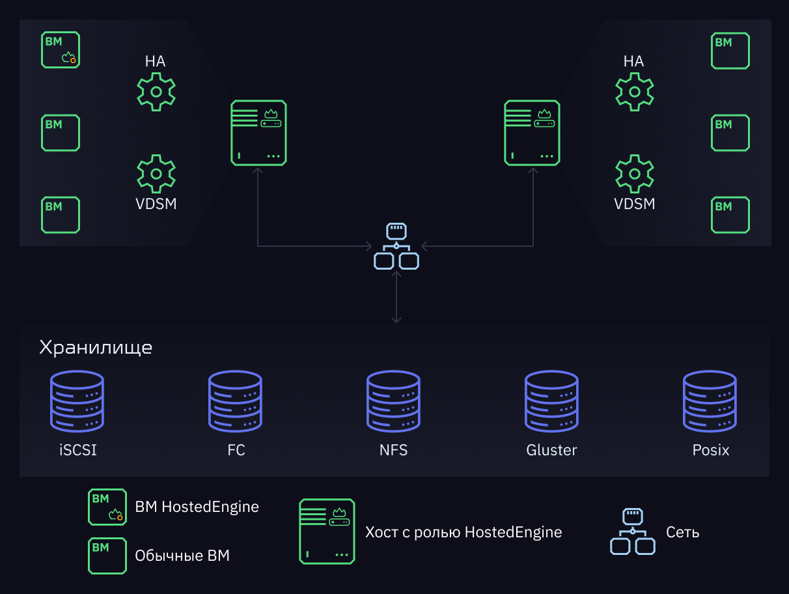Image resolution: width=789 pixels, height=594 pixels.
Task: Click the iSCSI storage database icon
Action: click(77, 401)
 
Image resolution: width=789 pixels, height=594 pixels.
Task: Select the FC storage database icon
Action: click(235, 401)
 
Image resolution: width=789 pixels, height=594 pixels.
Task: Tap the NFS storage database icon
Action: click(393, 401)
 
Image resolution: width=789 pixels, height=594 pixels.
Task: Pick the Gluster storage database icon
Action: click(551, 401)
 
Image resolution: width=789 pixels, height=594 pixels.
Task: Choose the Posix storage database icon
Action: click(710, 401)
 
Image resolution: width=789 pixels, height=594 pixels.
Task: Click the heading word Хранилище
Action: click(96, 348)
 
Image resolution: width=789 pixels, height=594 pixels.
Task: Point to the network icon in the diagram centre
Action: click(396, 246)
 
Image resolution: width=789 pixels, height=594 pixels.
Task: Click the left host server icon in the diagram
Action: click(258, 133)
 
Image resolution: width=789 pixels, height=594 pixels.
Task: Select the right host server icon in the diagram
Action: click(532, 133)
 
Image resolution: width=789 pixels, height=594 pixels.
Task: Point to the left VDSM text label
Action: click(156, 204)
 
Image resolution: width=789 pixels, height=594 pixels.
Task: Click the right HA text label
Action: click(633, 61)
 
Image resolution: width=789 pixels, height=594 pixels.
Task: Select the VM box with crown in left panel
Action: click(61, 49)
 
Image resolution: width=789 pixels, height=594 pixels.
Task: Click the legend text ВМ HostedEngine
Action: click(197, 507)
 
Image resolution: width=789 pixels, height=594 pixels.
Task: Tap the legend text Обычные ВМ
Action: click(182, 556)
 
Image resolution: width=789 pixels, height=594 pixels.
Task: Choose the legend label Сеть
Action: click(682, 532)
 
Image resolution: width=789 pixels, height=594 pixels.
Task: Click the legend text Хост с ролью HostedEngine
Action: click(464, 532)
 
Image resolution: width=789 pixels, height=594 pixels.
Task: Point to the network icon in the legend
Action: click(632, 531)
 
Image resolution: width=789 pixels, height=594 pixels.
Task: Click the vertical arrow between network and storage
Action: click(396, 297)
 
